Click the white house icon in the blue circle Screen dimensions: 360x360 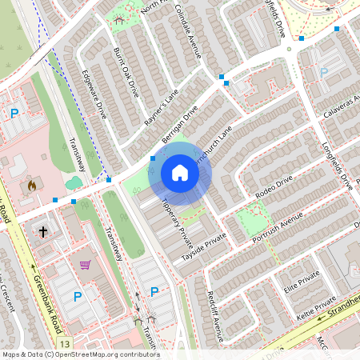coord(179,173)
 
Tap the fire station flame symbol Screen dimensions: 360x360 coord(32,186)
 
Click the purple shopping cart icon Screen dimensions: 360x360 coord(85,264)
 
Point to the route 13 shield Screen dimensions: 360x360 coord(65,343)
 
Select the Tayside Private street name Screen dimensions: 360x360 coord(204,248)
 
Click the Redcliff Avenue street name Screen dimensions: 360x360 coord(214,312)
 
